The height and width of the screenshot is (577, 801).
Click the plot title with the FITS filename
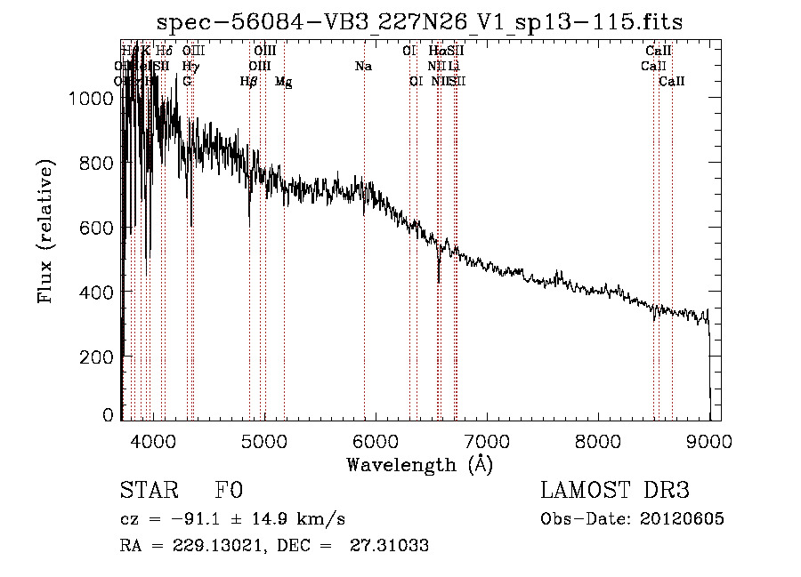point(419,22)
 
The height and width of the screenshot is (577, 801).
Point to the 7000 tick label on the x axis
point(486,440)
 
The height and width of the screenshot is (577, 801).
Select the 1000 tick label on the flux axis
point(91,100)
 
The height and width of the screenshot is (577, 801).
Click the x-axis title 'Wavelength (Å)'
point(419,464)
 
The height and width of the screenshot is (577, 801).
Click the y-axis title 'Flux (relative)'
point(45,230)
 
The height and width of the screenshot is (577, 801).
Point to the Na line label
point(363,67)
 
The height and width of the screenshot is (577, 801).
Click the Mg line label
point(283,82)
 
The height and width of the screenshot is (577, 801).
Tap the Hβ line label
point(249,82)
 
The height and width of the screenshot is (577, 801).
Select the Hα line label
point(436,52)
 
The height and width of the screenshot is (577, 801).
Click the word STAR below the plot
point(146,491)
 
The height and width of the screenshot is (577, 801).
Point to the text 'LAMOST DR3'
point(614,491)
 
